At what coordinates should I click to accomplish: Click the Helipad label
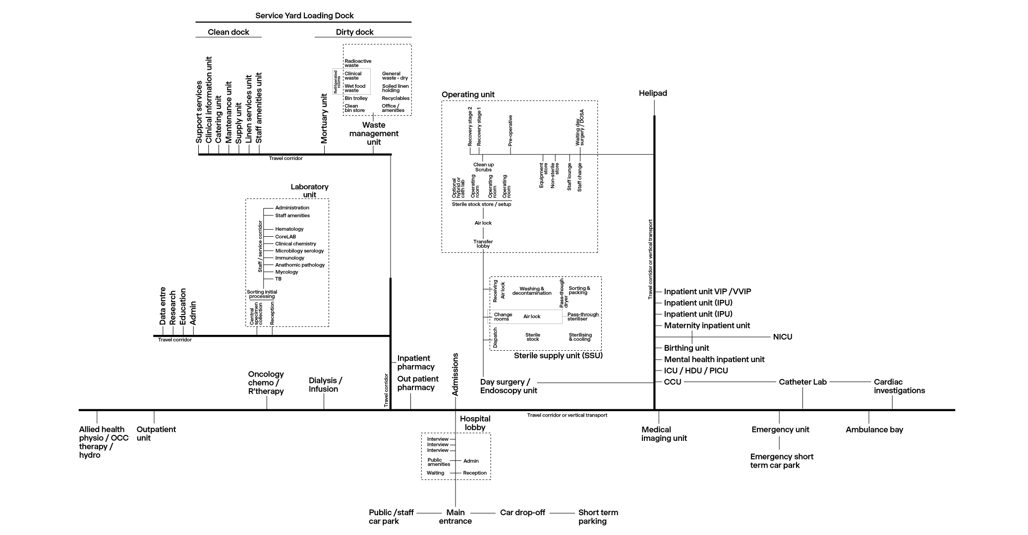[653, 93]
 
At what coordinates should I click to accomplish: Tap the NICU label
[783, 337]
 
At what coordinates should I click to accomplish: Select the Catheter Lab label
[802, 382]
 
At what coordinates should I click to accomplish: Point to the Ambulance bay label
[874, 429]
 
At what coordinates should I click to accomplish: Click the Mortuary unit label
[324, 119]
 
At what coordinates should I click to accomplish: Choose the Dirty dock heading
[355, 32]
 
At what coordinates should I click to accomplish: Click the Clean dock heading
[228, 32]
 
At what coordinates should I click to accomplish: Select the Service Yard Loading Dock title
[304, 16]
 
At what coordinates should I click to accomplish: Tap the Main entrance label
[455, 517]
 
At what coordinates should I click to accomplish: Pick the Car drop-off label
[522, 513]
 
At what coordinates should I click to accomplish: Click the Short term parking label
[598, 517]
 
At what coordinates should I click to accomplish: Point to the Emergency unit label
[780, 429]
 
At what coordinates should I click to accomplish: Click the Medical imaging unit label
[664, 434]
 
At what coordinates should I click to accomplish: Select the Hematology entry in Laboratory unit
[289, 229]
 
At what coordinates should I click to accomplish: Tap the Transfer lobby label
[483, 244]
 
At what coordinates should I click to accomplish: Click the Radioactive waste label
[358, 63]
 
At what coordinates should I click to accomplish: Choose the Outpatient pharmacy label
[418, 383]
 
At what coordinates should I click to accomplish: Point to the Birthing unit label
[686, 348]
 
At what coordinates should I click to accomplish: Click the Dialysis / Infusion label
[325, 385]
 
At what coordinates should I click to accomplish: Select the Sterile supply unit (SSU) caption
[558, 356]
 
